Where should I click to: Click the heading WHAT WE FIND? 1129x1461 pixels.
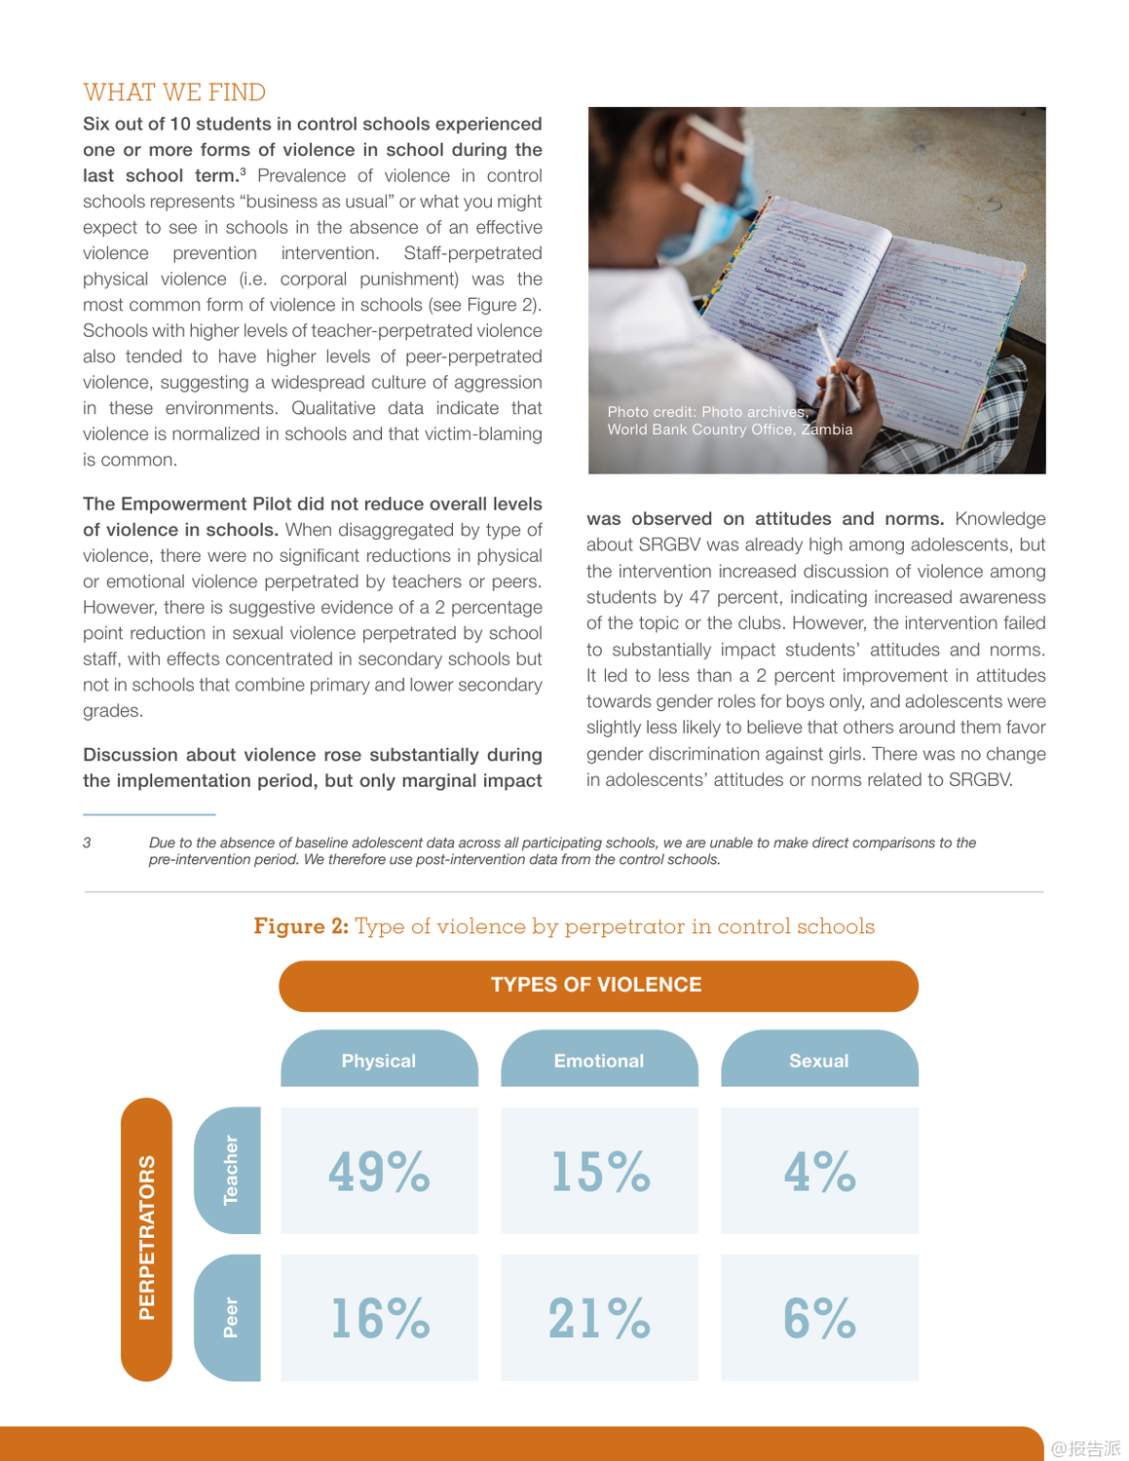174,93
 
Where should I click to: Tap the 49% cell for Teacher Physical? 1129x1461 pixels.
379,1171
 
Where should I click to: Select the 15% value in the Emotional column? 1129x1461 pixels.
599,1171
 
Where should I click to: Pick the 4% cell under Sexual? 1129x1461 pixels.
819,1171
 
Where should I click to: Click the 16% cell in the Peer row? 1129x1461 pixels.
379,1318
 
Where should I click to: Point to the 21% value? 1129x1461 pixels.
599,1318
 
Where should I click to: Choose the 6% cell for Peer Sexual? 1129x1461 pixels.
819,1318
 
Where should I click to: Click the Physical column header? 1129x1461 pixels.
379,1061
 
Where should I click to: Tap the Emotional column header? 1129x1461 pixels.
599,1061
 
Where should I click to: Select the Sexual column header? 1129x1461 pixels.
819,1061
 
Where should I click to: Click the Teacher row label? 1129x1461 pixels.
230,1170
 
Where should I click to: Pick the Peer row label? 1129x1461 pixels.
230,1317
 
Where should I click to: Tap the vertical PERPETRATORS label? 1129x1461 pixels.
146,1238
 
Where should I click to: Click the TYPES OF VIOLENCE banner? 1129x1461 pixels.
597,985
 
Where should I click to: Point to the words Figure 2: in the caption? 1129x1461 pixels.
301,926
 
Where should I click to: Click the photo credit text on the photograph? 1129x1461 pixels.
729,421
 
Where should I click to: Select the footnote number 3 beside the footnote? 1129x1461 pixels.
87,843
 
